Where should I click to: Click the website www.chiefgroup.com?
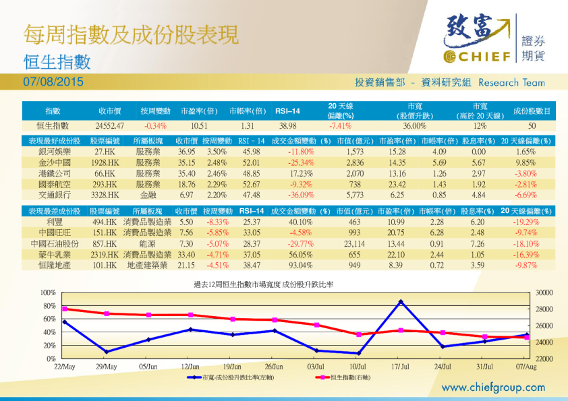click(493, 388)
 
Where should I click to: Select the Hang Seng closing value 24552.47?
click(109, 125)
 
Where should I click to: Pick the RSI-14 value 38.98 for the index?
click(287, 125)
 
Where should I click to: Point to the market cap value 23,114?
click(354, 243)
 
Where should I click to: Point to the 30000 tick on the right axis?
click(544, 292)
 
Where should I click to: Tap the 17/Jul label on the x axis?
click(401, 366)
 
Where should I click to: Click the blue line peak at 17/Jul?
click(401, 301)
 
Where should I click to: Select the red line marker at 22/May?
click(64, 309)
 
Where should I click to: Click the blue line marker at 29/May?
click(106, 352)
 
